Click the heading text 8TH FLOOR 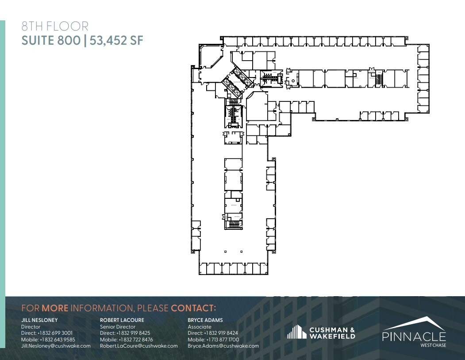point(55,27)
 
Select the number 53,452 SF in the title point(116,41)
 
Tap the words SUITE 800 point(51,41)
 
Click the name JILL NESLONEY point(39,320)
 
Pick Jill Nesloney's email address point(56,346)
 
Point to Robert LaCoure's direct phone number point(125,333)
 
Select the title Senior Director point(117,327)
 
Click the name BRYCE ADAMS point(205,320)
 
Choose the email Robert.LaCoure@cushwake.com point(138,346)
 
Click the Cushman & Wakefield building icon point(296,332)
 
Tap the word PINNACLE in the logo point(414,336)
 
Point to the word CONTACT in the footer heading point(193,308)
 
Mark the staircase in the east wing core point(378,80)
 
